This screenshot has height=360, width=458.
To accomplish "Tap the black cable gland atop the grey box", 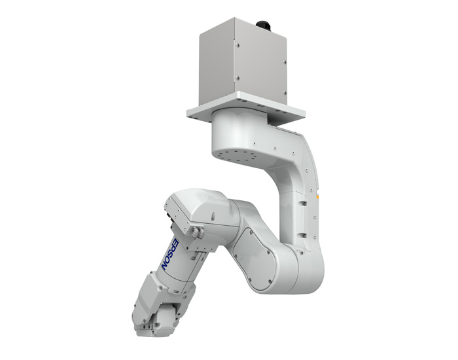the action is tap(264, 26).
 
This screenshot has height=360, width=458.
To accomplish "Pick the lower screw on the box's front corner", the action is tap(238, 78).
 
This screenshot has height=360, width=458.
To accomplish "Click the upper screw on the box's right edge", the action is tap(285, 62).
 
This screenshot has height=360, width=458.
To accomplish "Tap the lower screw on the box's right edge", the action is tap(284, 93).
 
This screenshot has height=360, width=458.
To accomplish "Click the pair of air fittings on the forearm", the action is tap(198, 232).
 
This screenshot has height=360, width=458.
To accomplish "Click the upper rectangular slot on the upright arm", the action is tap(303, 202).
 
